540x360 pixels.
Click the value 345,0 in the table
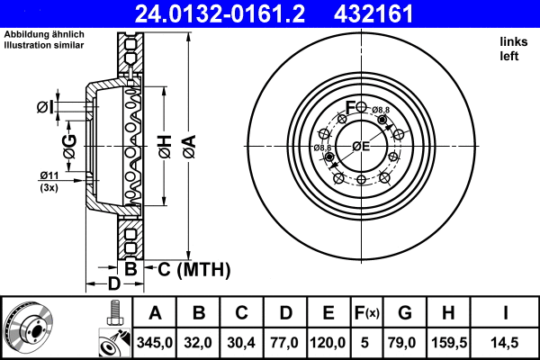154,343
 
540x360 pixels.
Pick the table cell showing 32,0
199,343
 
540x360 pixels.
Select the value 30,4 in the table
241,343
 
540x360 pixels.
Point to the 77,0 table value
285,343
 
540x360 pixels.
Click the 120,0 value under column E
328,343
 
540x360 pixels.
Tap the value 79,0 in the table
405,343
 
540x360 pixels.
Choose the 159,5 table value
448,343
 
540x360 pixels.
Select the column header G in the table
405,313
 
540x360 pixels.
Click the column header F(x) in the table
368,313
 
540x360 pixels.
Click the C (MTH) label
194,269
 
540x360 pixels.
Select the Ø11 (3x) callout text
49,180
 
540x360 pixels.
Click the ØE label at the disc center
361,146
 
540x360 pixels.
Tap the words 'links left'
510,49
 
